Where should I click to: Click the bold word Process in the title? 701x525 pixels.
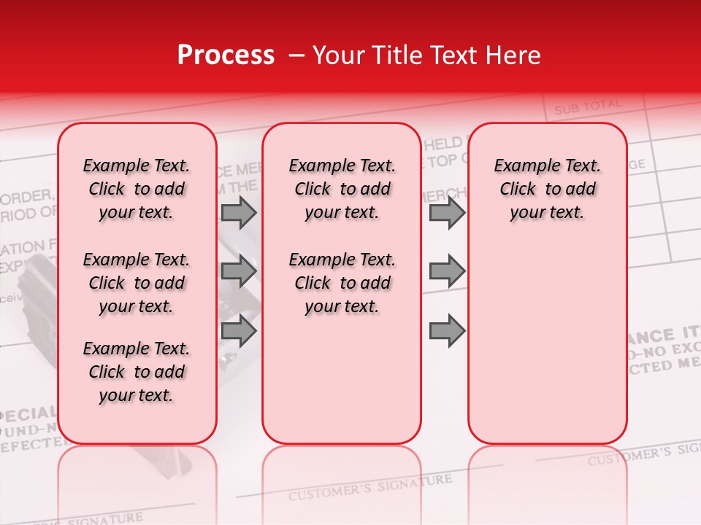[226, 55]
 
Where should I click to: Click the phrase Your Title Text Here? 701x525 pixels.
[426, 55]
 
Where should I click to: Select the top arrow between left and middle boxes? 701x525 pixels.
[239, 213]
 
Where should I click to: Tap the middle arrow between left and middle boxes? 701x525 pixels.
[239, 271]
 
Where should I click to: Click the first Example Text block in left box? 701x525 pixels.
[137, 189]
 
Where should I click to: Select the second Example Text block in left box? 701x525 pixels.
[137, 283]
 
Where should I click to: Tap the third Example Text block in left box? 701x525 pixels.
[137, 372]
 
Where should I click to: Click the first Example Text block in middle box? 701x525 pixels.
[342, 189]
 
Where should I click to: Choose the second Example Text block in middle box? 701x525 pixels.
[342, 283]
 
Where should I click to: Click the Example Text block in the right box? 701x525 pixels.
[547, 189]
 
